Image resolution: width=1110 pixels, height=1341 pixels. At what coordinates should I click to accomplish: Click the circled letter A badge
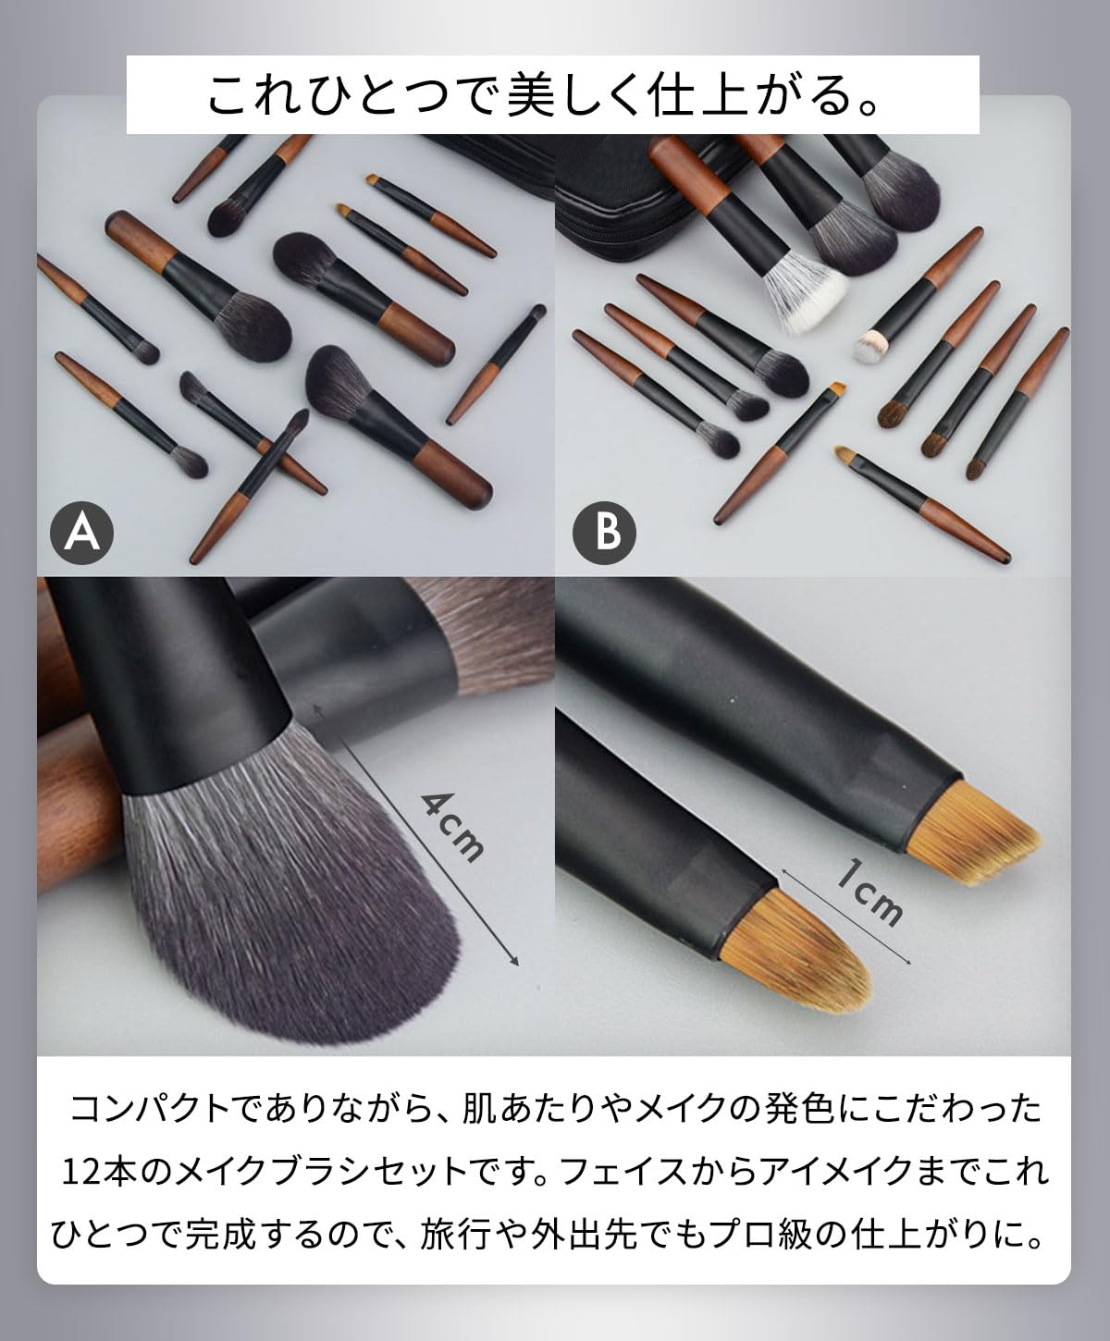pos(81,533)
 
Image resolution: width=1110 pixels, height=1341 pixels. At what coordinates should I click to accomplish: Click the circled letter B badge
pos(604,533)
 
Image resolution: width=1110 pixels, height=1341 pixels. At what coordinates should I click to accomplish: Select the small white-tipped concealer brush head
pos(870,345)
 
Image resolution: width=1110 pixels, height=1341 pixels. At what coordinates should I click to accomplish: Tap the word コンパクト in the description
pos(150,1107)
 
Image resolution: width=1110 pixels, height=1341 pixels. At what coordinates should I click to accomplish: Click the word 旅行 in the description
pos(451,1233)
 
